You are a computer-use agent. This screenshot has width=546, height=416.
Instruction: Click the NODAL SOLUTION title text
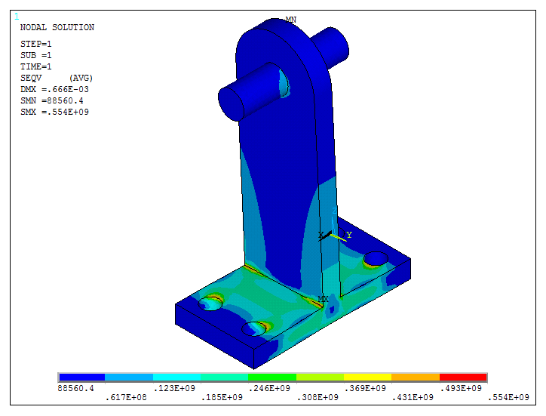(x=57, y=27)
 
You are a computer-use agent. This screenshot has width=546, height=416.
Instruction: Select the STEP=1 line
(x=35, y=44)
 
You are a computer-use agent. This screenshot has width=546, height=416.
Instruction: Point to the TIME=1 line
(x=35, y=66)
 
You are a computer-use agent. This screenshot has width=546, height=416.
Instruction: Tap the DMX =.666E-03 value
(x=49, y=89)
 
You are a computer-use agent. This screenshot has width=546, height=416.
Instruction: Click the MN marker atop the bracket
(x=291, y=20)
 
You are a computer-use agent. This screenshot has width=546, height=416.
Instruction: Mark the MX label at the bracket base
(x=324, y=299)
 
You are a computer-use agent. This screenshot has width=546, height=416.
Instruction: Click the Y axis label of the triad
(x=349, y=236)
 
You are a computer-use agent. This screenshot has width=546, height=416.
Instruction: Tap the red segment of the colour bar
(x=463, y=377)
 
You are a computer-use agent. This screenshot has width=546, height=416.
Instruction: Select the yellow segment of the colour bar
(x=368, y=377)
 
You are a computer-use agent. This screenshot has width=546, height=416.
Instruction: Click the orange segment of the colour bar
(x=416, y=377)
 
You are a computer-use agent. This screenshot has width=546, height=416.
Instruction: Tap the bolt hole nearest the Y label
(x=375, y=260)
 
